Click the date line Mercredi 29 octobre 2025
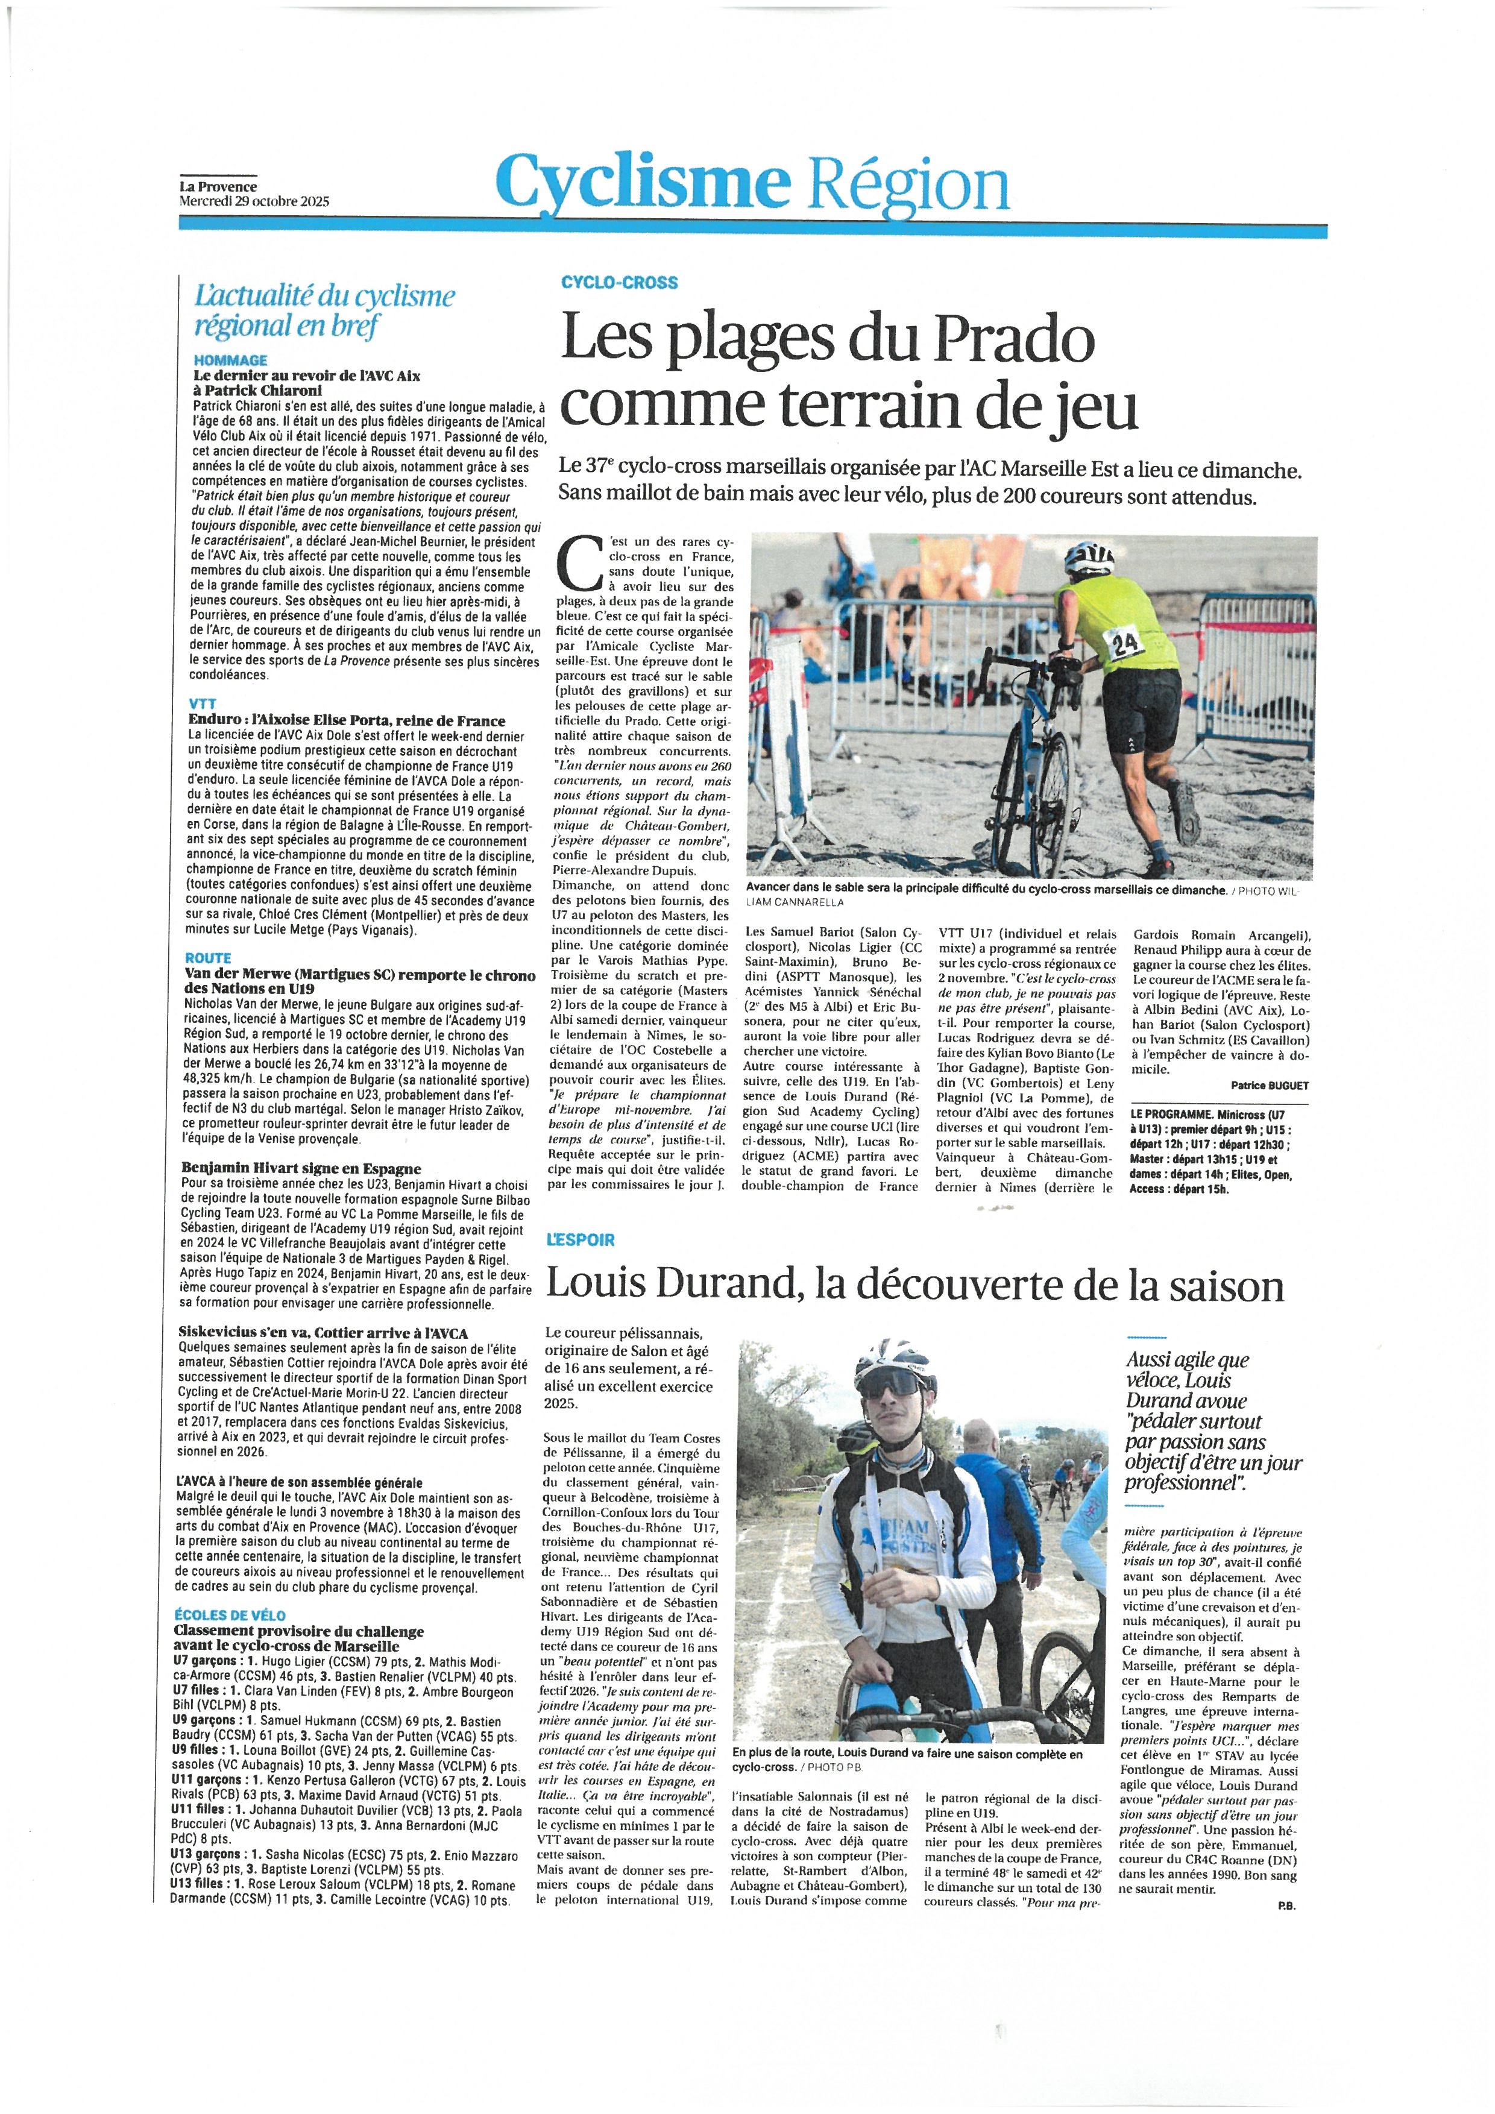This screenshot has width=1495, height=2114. click(254, 200)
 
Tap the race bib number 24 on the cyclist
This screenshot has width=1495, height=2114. click(1126, 644)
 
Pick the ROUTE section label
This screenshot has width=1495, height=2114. click(207, 958)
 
